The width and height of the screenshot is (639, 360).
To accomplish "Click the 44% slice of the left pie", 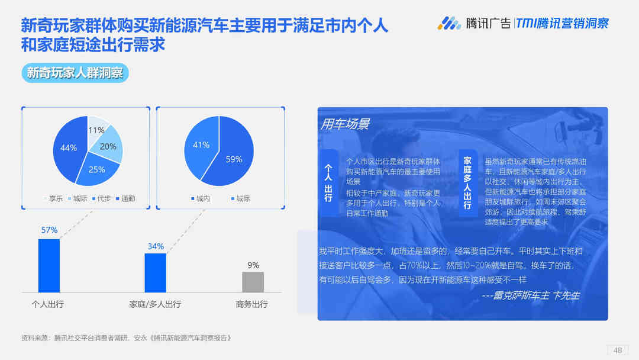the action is click(69, 148).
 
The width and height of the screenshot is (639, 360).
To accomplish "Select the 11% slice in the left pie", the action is click(96, 127).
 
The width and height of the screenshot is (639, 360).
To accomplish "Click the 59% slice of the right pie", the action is click(233, 157).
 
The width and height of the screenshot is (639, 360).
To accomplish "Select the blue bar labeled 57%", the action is click(49, 265).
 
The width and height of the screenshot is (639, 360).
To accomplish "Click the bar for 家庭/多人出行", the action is click(155, 273).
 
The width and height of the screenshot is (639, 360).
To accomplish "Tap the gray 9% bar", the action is click(253, 282).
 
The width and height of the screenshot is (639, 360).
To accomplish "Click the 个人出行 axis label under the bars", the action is click(48, 304).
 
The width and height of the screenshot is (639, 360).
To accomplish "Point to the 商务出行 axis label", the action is click(252, 304).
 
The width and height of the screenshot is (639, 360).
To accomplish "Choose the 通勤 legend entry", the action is click(125, 198).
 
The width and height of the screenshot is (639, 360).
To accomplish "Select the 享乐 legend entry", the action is click(53, 198).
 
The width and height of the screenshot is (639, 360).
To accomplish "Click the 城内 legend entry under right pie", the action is click(201, 198).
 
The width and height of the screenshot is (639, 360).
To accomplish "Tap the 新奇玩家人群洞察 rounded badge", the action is click(75, 73).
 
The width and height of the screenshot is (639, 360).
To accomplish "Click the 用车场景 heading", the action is click(345, 124).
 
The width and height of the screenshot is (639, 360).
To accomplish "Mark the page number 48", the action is click(618, 350).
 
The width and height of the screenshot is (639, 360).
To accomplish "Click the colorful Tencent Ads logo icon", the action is click(448, 23).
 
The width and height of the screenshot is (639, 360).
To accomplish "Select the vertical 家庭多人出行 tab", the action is click(467, 182).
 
